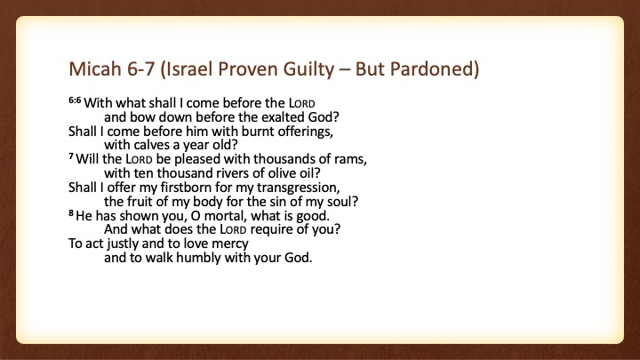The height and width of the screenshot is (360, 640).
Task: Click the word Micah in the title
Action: [95, 68]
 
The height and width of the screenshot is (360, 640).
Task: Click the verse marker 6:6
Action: [75, 100]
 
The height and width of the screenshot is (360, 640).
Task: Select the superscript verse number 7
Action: [71, 156]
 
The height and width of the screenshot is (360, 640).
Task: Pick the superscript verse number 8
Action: [71, 212]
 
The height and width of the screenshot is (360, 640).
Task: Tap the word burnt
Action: [258, 131]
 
